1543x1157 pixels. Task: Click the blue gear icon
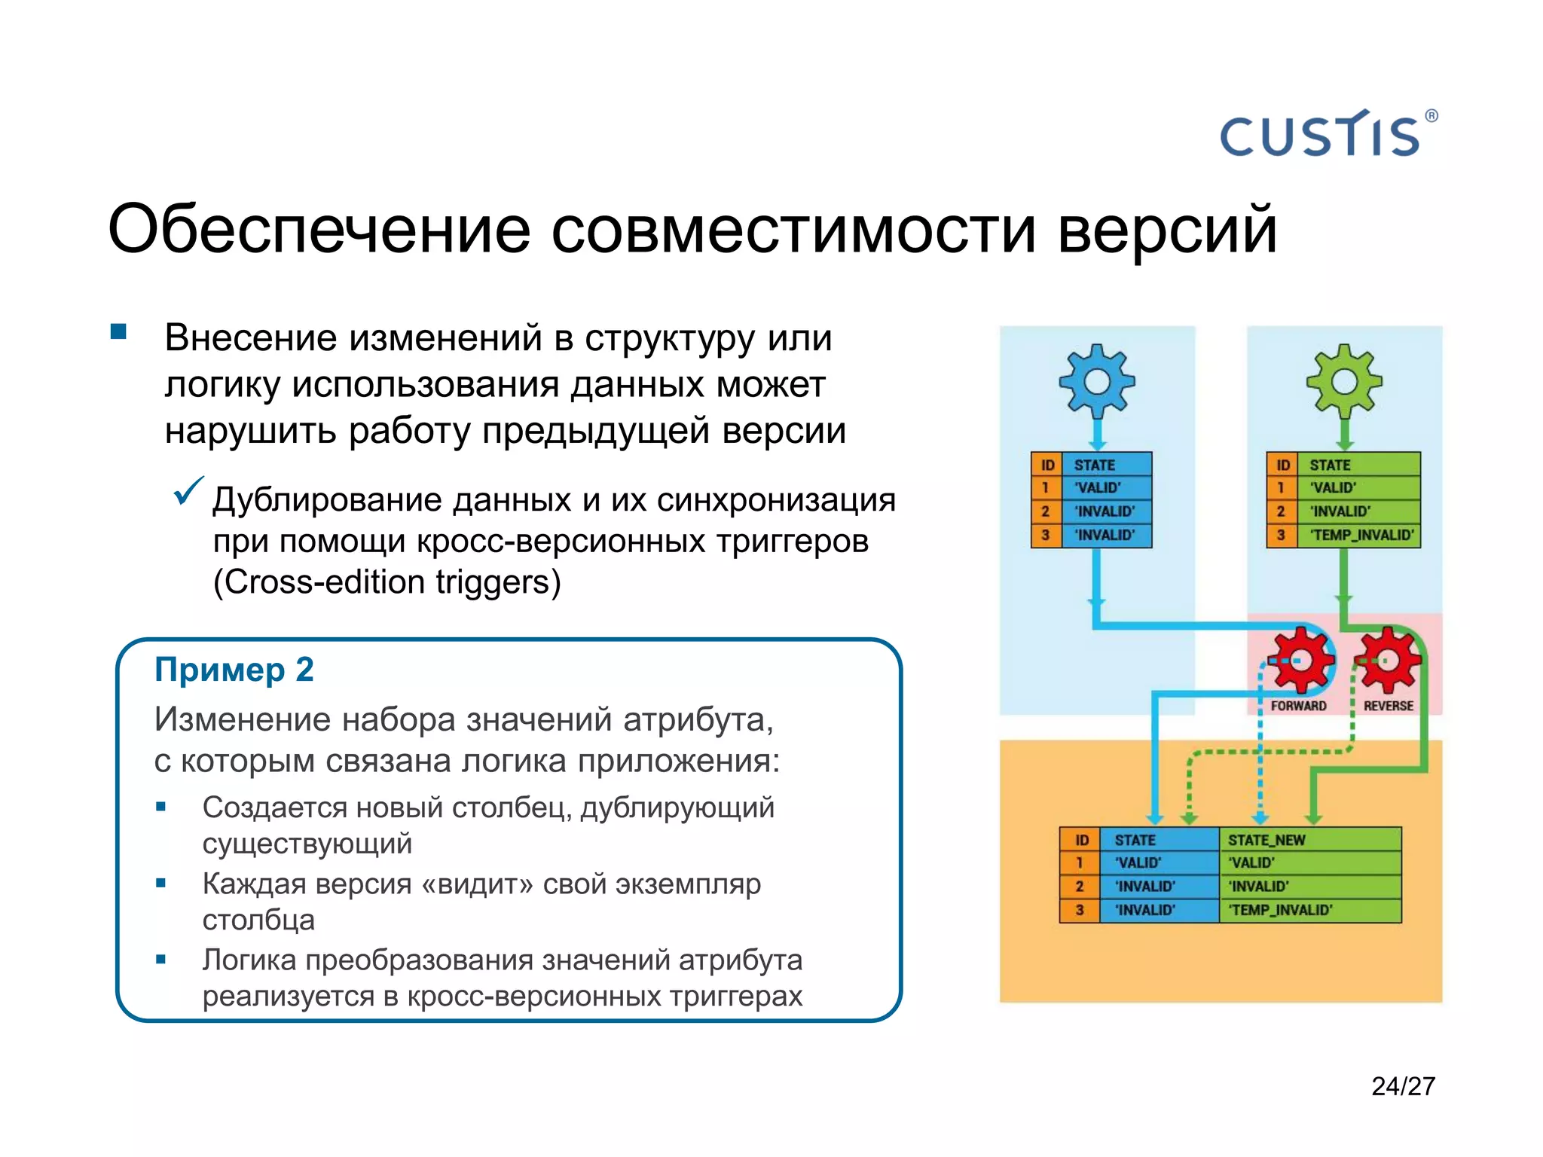(1097, 381)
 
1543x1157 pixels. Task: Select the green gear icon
(1344, 381)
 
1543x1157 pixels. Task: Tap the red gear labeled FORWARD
(1303, 661)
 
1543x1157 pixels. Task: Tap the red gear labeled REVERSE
(1388, 661)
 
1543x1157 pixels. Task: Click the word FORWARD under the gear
(1298, 706)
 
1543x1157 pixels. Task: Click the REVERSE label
(1388, 706)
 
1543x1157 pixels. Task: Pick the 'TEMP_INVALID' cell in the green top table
(1361, 536)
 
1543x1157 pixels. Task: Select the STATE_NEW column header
(1266, 840)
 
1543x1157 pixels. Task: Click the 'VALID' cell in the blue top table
(1098, 488)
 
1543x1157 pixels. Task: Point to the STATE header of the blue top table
(1094, 465)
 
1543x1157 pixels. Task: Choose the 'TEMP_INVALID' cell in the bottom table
(1281, 910)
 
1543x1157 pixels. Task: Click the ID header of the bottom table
(1081, 840)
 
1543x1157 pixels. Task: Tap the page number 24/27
(1403, 1086)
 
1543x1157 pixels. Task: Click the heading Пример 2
(234, 670)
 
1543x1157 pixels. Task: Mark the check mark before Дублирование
(188, 491)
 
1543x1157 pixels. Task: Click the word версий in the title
(1166, 230)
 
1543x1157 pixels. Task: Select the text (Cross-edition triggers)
(387, 582)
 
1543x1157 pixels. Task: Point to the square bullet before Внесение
(118, 332)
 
